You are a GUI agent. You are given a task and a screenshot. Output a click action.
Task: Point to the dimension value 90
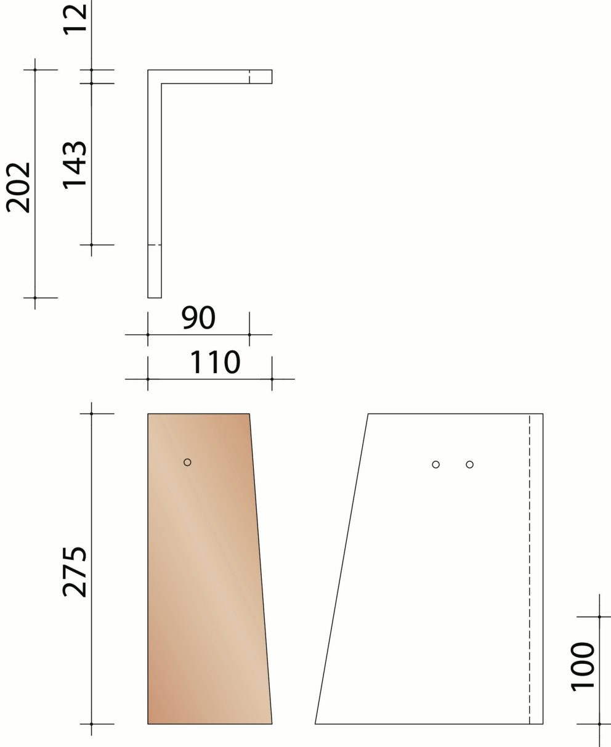pos(198,318)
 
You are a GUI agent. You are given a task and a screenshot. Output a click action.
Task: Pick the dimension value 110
pos(214,363)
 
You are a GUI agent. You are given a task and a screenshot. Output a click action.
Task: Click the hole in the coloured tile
pos(187,462)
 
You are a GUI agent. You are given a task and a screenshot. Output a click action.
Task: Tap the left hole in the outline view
pos(435,464)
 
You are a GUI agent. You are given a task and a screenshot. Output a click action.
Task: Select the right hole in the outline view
pos(469,464)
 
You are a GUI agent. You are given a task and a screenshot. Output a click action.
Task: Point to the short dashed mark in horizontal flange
pos(249,76)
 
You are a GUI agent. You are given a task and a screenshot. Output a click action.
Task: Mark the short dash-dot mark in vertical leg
pos(155,245)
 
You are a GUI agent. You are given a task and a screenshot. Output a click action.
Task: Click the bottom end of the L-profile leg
pos(155,297)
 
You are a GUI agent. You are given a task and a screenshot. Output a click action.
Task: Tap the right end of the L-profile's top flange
pos(271,76)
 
